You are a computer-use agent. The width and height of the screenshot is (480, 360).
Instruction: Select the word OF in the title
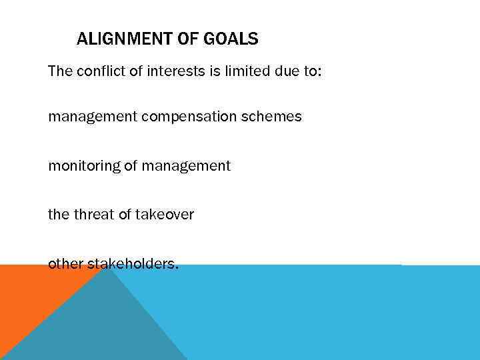187,39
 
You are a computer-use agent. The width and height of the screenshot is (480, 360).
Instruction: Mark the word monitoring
83,166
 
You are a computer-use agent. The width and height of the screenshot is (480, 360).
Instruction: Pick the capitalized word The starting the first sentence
59,71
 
